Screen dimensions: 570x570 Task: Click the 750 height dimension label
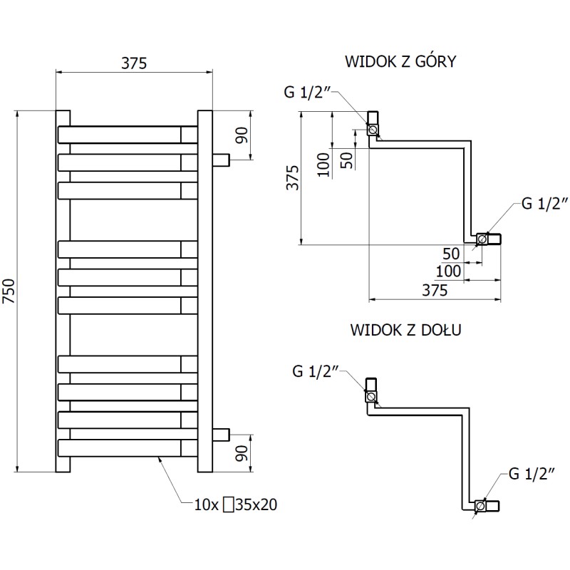[9, 291]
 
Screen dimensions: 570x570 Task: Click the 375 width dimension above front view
[133, 63]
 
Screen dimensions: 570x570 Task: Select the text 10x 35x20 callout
[235, 506]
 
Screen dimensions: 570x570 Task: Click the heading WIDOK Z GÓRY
[400, 61]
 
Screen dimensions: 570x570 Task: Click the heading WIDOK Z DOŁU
[406, 330]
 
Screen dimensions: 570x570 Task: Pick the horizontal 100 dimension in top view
[448, 271]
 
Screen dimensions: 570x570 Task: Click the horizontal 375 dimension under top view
[434, 290]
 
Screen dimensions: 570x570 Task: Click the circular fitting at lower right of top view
[482, 239]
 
